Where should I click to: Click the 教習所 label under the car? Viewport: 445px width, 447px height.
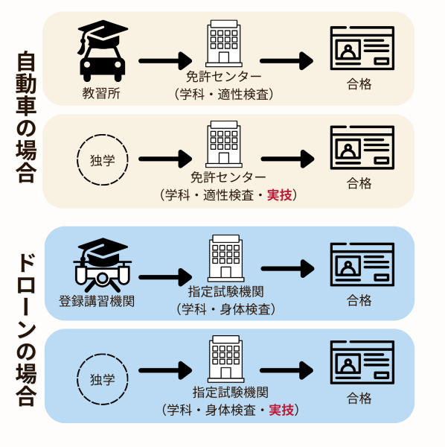(x=101, y=93)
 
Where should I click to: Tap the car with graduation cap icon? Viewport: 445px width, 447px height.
(x=103, y=51)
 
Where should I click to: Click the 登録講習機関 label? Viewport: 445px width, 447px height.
(x=97, y=301)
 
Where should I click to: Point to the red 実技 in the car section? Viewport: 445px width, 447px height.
(x=280, y=195)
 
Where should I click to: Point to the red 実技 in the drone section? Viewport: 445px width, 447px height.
(x=281, y=410)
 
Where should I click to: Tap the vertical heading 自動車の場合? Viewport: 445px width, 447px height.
(x=26, y=116)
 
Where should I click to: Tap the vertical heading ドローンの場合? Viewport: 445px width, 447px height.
(x=26, y=330)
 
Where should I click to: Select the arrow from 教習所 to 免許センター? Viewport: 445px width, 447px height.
(x=165, y=61)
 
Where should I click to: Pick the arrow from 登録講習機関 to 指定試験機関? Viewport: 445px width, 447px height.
(x=165, y=277)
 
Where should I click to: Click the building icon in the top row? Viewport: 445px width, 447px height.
(x=224, y=43)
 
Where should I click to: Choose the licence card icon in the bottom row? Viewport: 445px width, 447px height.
(x=362, y=362)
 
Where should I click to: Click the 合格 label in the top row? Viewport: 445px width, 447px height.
(x=359, y=84)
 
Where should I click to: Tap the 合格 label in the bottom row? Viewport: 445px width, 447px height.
(x=359, y=398)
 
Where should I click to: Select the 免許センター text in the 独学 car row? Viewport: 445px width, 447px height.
(x=228, y=177)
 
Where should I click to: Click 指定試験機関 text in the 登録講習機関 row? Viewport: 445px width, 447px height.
(x=225, y=291)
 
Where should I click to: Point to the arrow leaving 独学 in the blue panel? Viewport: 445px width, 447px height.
(x=165, y=370)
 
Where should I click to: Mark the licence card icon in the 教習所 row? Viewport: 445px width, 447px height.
(x=362, y=48)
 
